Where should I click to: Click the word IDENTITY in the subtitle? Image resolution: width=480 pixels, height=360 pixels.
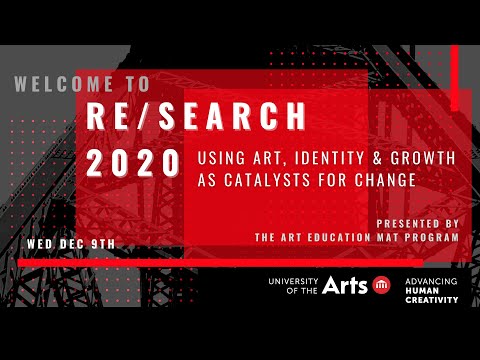click(299, 158)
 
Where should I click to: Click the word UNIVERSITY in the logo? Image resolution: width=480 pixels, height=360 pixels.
click(291, 280)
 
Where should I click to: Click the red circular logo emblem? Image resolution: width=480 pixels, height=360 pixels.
click(382, 286)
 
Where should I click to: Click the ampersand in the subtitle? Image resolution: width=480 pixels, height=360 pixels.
click(351, 158)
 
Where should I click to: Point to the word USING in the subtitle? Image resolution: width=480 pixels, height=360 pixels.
click(217, 158)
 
